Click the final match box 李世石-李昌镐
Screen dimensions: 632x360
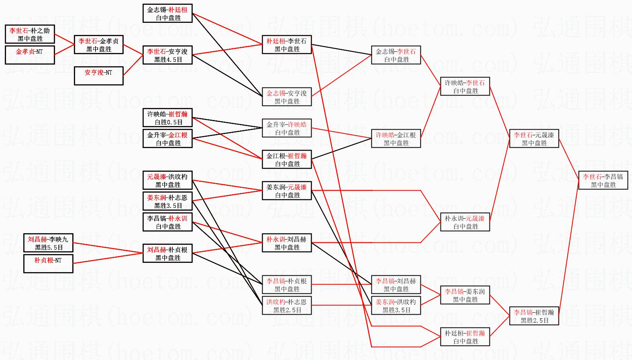coord(603,181)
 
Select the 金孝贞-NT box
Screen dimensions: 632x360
coord(30,55)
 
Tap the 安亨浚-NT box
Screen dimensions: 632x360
coord(99,76)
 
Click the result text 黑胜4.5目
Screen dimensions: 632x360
coord(168,60)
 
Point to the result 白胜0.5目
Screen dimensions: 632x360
coord(168,122)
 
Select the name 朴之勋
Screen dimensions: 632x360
coord(40,31)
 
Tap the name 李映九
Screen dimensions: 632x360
coord(59,239)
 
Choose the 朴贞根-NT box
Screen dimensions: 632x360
coord(48,264)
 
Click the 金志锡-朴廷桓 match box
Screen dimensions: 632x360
coord(167,13)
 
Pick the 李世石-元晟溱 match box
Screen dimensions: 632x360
coord(534,138)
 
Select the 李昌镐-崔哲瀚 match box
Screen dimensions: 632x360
coord(534,316)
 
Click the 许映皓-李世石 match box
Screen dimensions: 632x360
coord(465,86)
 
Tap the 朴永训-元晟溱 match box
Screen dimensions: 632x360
coord(465,222)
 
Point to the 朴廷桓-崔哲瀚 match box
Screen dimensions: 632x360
coord(465,337)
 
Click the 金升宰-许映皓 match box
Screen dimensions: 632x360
coord(287,128)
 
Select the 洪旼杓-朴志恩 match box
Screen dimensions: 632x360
coord(287,305)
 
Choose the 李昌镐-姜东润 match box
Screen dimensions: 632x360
coord(465,295)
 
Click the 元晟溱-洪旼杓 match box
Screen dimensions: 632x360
coord(167,180)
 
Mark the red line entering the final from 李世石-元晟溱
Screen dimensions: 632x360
coord(569,159)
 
